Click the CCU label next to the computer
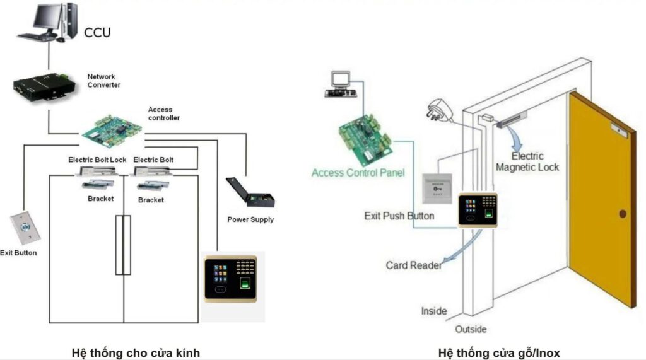(x=97, y=32)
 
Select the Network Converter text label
(x=103, y=81)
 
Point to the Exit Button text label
(x=18, y=253)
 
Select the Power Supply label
(x=250, y=219)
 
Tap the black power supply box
(x=250, y=193)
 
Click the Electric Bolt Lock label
(x=97, y=160)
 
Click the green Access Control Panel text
(x=358, y=172)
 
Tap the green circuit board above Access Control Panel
(x=364, y=137)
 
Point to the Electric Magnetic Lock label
(x=527, y=161)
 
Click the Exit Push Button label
(x=399, y=216)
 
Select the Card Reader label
(x=413, y=265)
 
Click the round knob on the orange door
(x=623, y=214)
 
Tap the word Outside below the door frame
(x=471, y=329)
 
